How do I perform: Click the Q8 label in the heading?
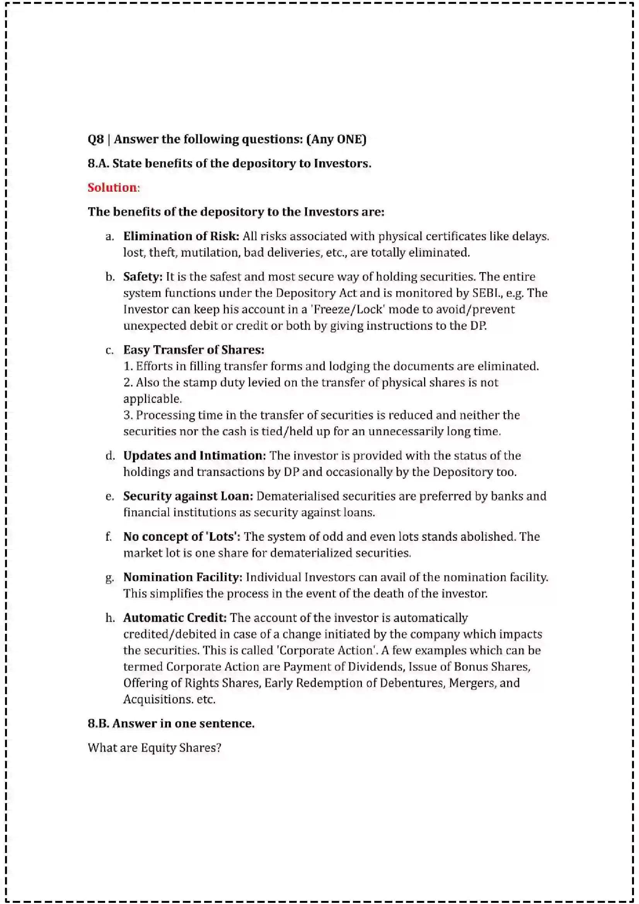[95, 139]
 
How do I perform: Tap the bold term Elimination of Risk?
[181, 236]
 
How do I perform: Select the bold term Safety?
[143, 276]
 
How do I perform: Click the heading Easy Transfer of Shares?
[194, 350]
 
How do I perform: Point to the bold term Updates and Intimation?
[194, 456]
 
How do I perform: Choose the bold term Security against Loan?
[188, 496]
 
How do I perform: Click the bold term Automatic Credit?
[175, 618]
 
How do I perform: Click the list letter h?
[110, 618]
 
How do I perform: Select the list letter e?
[109, 497]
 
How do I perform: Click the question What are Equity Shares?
[154, 748]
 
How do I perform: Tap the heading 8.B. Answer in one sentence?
[171, 724]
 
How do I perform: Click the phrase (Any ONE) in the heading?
[336, 139]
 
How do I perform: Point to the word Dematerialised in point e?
[298, 496]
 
